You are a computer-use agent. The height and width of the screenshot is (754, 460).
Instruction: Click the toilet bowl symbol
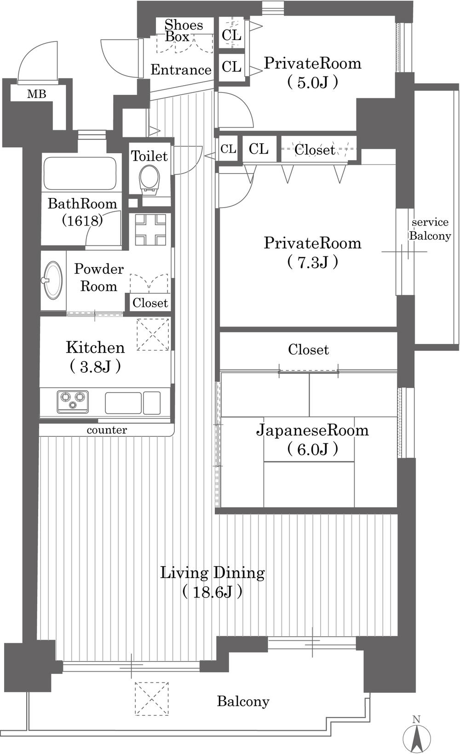coord(149,179)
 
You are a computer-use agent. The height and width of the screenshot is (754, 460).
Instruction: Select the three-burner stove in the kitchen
coord(73,401)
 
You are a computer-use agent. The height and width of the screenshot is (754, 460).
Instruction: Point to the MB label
coord(36,94)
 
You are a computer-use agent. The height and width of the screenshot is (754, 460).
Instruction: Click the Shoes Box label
coord(183,30)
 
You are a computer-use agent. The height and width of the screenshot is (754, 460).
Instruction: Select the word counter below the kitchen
coord(107,430)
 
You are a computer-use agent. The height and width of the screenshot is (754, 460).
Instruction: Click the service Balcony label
coord(430,229)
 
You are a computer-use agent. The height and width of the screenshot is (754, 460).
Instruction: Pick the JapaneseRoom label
coord(312,430)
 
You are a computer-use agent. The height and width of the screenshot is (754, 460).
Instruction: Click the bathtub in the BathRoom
coord(79,174)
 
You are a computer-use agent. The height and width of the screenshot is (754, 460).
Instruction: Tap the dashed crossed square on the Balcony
coord(151,698)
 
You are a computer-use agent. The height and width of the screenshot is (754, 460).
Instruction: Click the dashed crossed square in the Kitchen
coord(153,335)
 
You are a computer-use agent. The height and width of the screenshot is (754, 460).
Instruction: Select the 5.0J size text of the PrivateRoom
coord(313,82)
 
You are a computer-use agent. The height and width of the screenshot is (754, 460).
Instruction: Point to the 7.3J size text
coord(313,262)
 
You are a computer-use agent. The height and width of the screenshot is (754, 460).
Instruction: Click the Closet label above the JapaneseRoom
coord(308,350)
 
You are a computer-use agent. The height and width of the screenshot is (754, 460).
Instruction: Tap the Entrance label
coord(181,70)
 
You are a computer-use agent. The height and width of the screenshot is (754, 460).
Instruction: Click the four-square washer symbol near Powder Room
coord(150,230)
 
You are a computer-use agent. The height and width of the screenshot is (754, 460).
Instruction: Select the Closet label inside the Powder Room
coord(150,303)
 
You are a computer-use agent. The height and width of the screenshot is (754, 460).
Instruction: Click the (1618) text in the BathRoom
coord(82,221)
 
